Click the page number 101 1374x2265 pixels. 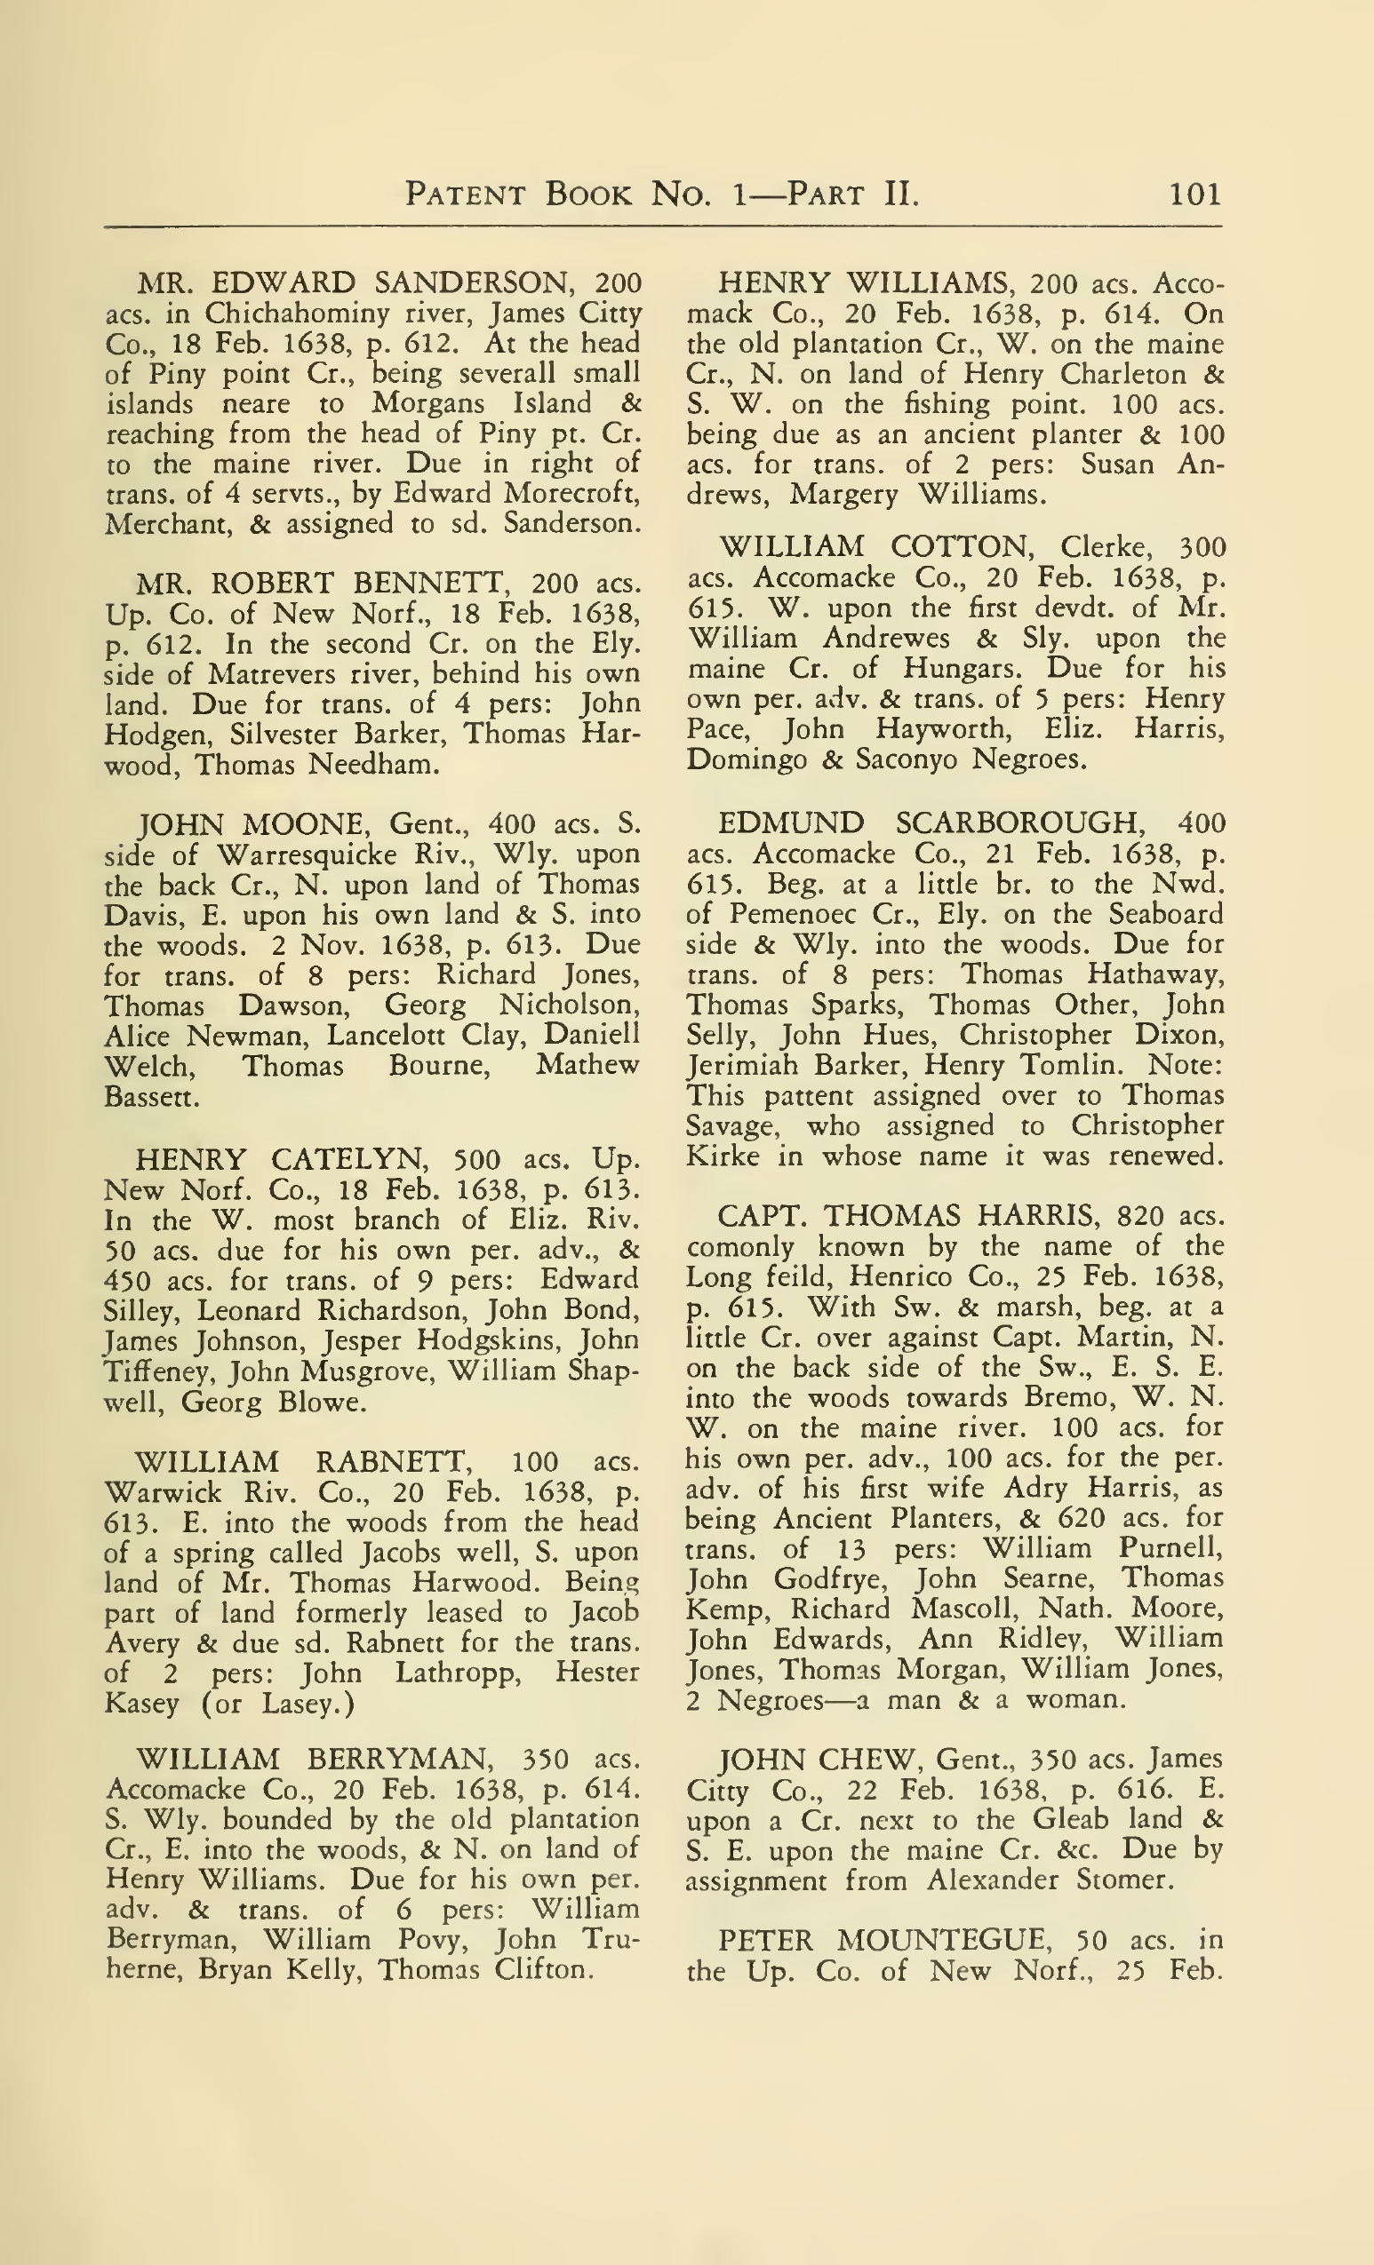click(1194, 194)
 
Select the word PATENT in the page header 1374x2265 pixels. click(466, 194)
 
